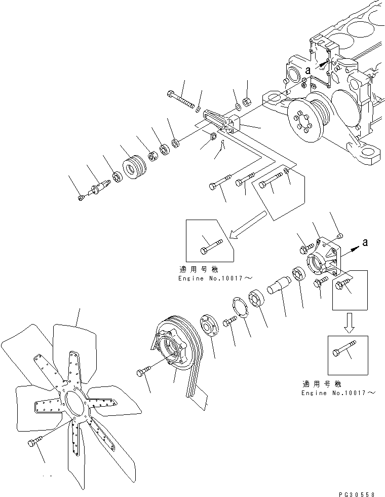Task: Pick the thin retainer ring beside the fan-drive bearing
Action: coord(240,308)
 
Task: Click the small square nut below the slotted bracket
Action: coord(213,135)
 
